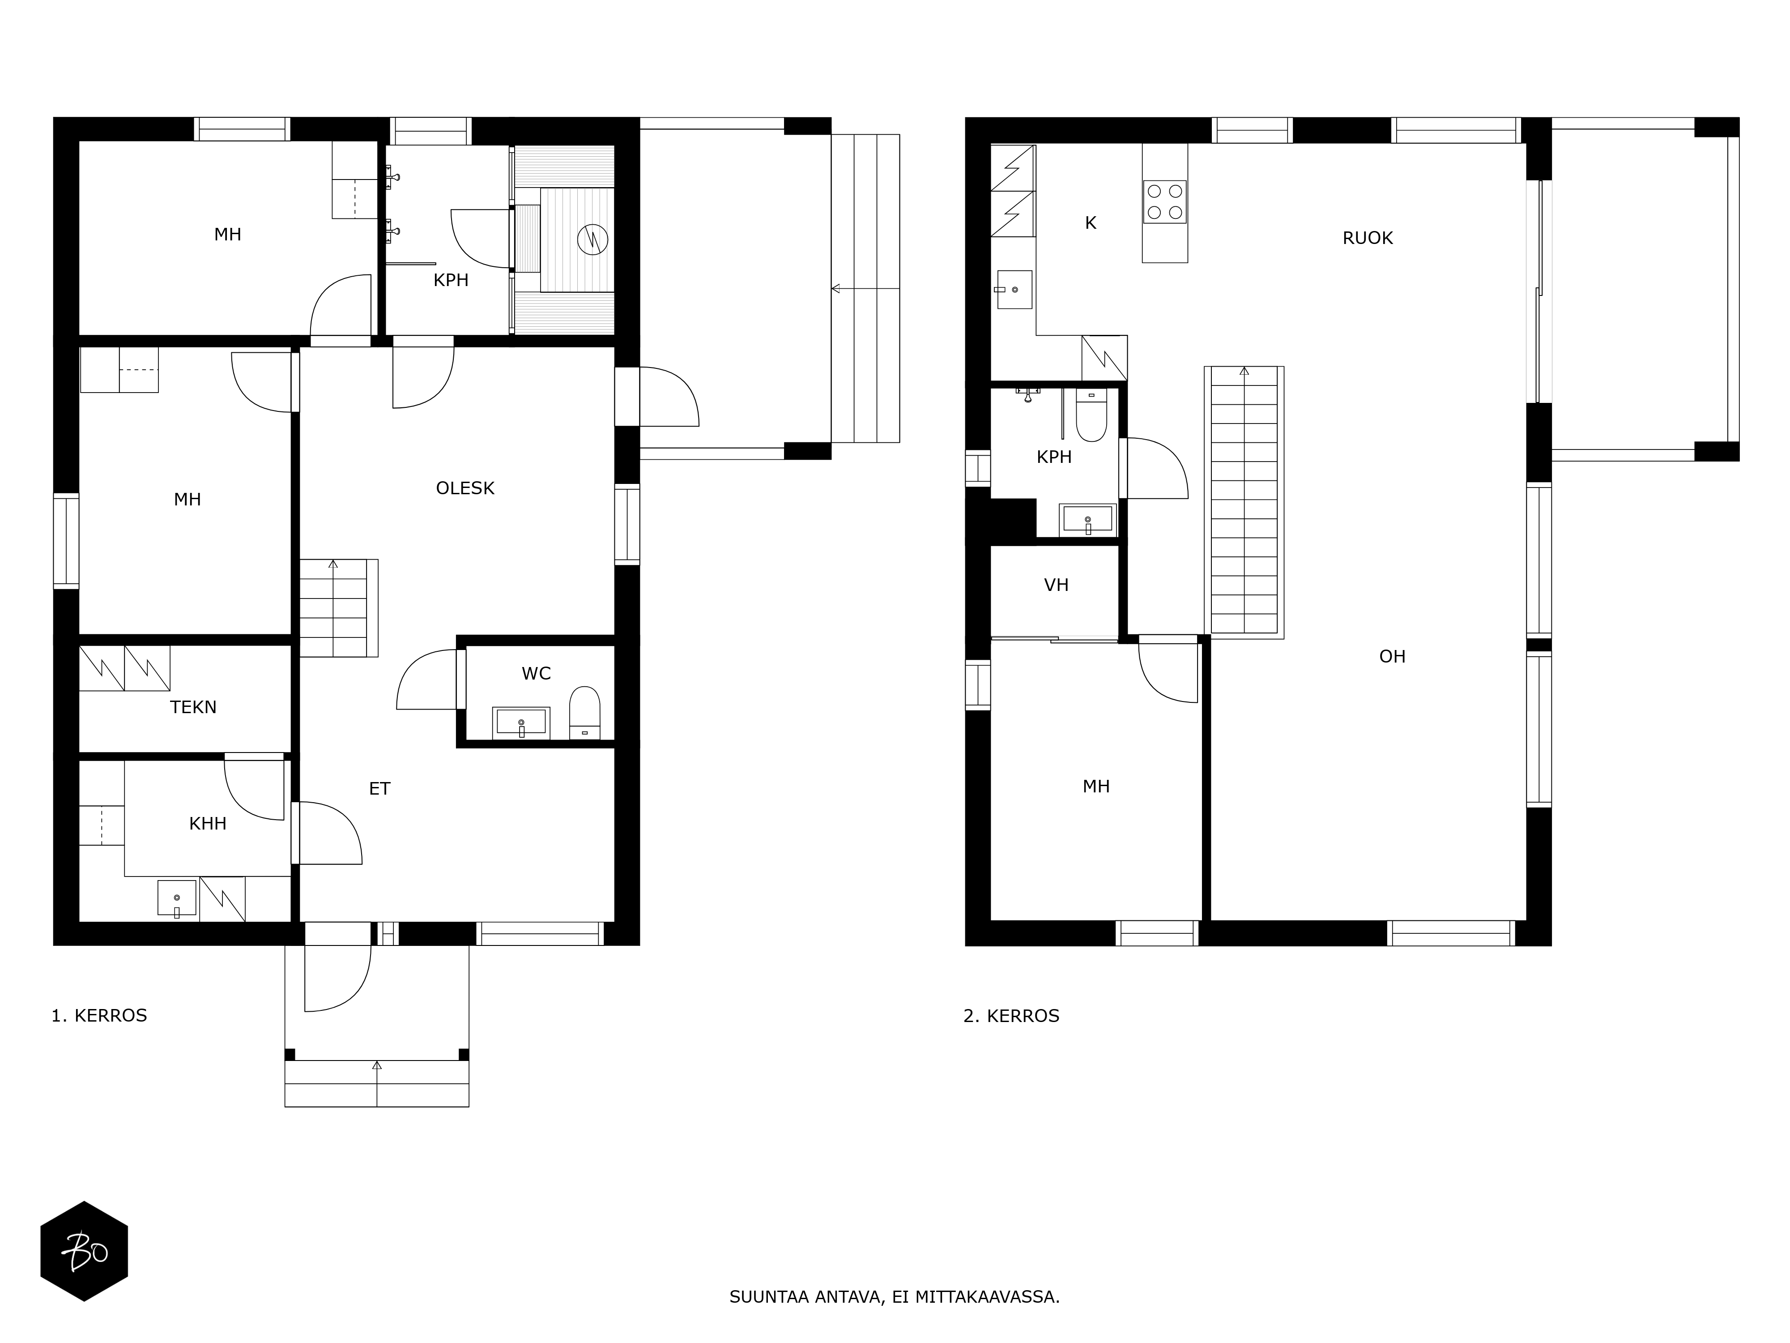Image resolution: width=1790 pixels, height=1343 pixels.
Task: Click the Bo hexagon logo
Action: click(84, 1252)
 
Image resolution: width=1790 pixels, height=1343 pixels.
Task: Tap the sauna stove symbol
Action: click(592, 240)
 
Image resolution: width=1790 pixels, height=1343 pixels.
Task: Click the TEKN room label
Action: click(193, 707)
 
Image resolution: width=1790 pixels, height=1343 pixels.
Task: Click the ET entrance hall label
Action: click(379, 788)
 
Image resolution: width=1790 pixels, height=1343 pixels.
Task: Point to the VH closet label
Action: click(1056, 585)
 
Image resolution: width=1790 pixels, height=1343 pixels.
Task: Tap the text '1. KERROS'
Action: click(99, 1016)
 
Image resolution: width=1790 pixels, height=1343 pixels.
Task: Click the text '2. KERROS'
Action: click(1011, 1016)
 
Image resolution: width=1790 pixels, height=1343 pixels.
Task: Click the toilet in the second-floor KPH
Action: click(1091, 415)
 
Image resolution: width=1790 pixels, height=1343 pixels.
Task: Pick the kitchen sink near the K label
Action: click(1014, 290)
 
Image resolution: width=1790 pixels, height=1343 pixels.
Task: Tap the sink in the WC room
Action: click(521, 722)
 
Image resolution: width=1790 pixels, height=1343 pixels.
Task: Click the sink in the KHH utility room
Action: click(176, 898)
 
